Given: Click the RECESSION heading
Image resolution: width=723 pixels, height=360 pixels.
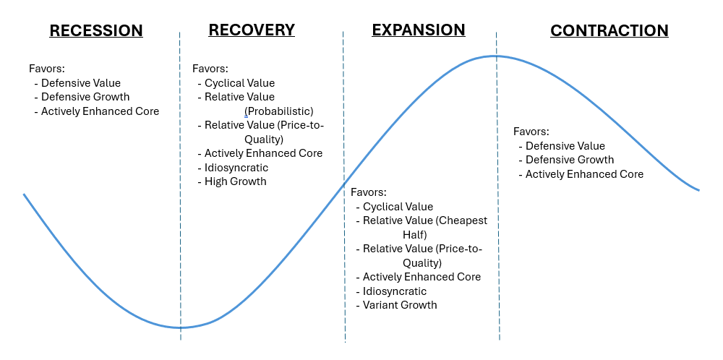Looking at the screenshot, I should point(96,31).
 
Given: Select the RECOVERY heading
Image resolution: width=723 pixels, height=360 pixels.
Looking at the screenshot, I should point(252,30).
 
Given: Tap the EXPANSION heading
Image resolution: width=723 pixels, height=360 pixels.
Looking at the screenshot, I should point(419,30).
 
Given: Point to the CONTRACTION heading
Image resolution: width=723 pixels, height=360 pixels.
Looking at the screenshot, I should point(609,31).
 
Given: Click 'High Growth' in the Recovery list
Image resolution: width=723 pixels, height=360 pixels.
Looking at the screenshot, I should point(236,181).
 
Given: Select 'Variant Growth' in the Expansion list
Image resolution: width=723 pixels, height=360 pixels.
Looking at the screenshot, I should point(400,305).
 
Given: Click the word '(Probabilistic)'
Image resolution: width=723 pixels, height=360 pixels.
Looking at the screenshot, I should point(279,111).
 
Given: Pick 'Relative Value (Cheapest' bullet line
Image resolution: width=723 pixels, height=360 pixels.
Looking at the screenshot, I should point(425,220).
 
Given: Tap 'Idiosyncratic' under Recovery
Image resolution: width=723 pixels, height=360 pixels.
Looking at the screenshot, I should point(236,168).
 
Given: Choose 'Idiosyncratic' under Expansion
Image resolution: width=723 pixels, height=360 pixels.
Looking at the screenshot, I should point(395,291).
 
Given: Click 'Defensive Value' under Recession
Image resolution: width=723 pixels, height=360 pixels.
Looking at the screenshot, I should point(81,83).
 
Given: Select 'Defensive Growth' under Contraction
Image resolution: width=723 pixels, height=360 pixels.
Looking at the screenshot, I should point(570,160).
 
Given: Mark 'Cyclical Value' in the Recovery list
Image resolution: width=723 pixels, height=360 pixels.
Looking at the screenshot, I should point(239,83).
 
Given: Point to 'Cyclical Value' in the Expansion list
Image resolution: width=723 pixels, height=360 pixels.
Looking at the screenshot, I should point(398,207).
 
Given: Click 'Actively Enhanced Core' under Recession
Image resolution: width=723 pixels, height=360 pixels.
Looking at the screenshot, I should point(100,111).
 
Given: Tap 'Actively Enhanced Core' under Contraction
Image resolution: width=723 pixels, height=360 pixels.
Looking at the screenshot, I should point(584,174).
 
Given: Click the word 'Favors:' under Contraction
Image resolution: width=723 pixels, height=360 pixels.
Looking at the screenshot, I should point(531,132).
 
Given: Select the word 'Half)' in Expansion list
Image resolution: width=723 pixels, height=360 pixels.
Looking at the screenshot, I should point(415,235).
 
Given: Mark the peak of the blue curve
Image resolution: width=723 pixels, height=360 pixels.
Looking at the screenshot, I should point(496,56).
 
